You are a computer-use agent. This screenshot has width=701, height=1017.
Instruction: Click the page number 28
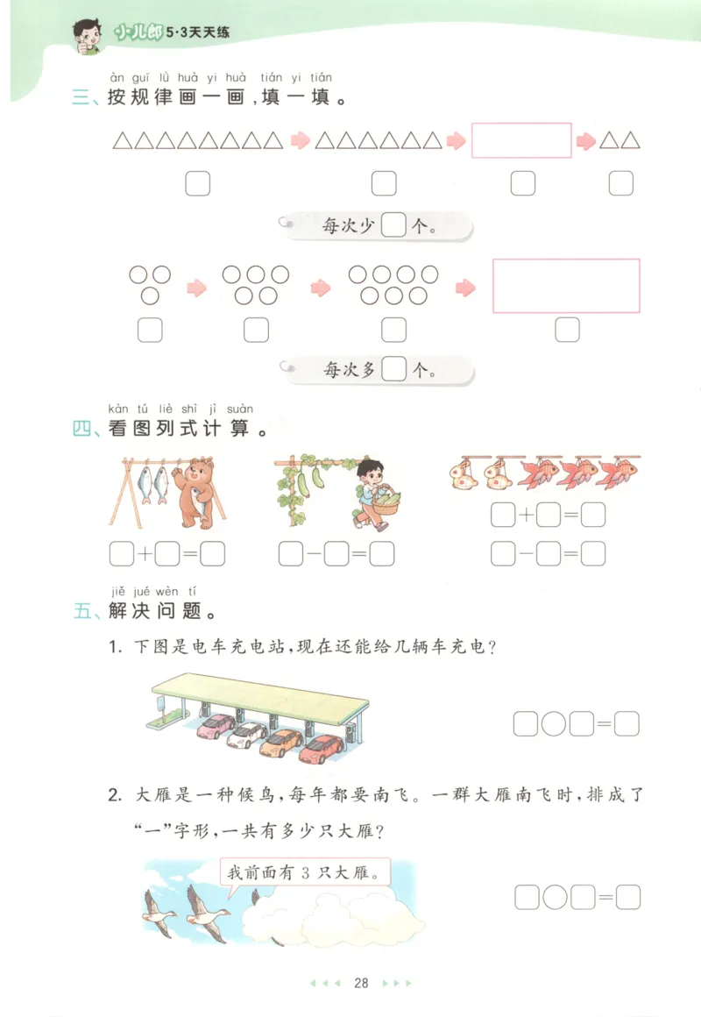pyautogui.click(x=360, y=983)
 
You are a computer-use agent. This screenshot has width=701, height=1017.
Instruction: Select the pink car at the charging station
pyautogui.click(x=216, y=726)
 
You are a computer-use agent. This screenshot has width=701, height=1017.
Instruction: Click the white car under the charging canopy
pyautogui.click(x=247, y=735)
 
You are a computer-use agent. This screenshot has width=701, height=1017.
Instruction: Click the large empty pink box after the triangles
pyautogui.click(x=521, y=140)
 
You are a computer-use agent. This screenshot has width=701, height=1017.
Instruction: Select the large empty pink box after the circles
pyautogui.click(x=566, y=286)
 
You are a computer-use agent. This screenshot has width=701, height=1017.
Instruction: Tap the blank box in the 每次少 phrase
pyautogui.click(x=395, y=226)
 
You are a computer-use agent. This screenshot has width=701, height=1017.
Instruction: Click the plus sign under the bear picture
pyautogui.click(x=145, y=554)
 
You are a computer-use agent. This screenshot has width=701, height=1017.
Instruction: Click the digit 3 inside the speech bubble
pyautogui.click(x=322, y=873)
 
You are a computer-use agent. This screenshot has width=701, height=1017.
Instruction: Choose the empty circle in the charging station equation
pyautogui.click(x=554, y=724)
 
